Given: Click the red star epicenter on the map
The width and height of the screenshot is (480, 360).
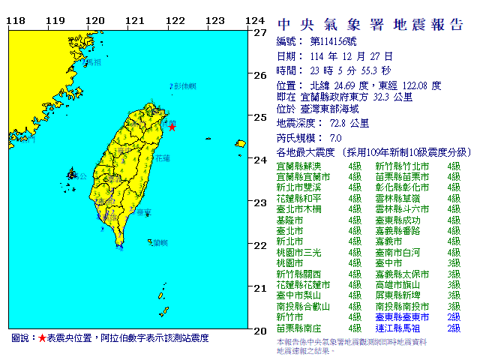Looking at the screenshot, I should coord(172,127).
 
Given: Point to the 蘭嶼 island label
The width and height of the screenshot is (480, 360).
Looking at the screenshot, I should coord(158,242).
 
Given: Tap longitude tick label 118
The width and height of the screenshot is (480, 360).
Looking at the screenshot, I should coord(13,20).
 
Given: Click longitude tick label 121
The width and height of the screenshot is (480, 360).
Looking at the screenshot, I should coord(134,20).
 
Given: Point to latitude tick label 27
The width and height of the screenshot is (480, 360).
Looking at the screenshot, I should coord(260,33).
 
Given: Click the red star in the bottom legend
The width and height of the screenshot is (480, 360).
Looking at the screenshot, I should coord(42,339).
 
